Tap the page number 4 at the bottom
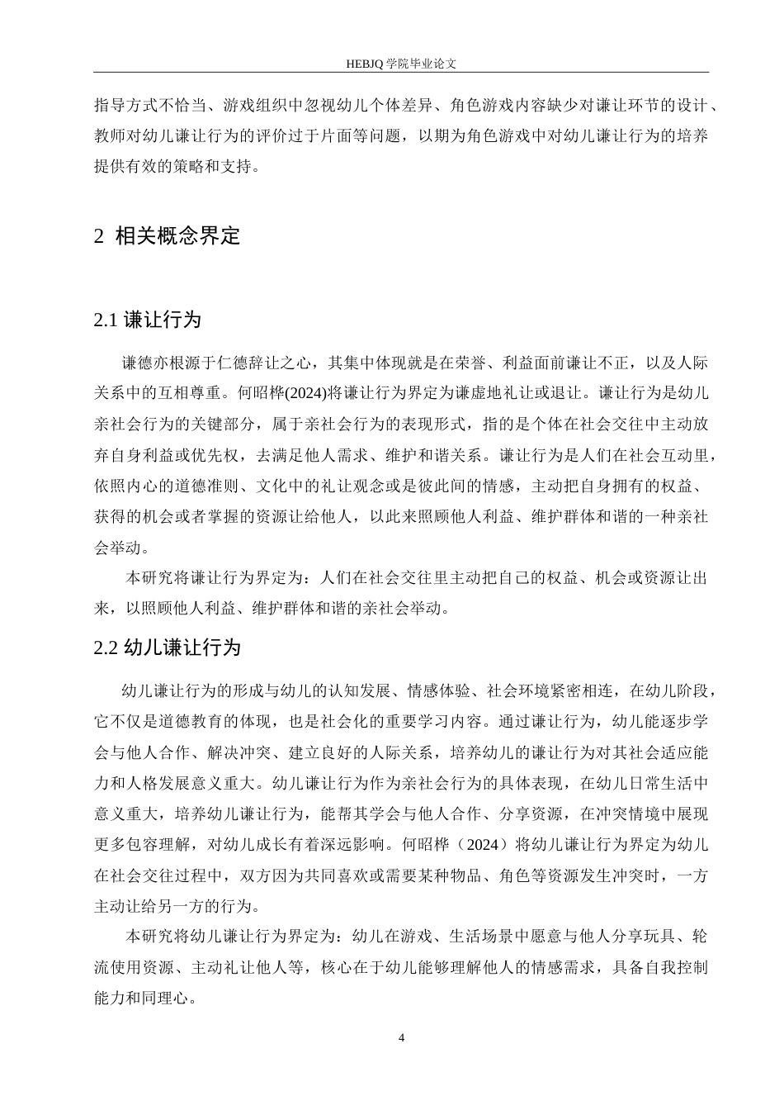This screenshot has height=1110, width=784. point(401,1037)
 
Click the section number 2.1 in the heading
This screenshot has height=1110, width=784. point(107,320)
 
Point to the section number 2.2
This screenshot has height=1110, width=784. point(107,647)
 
